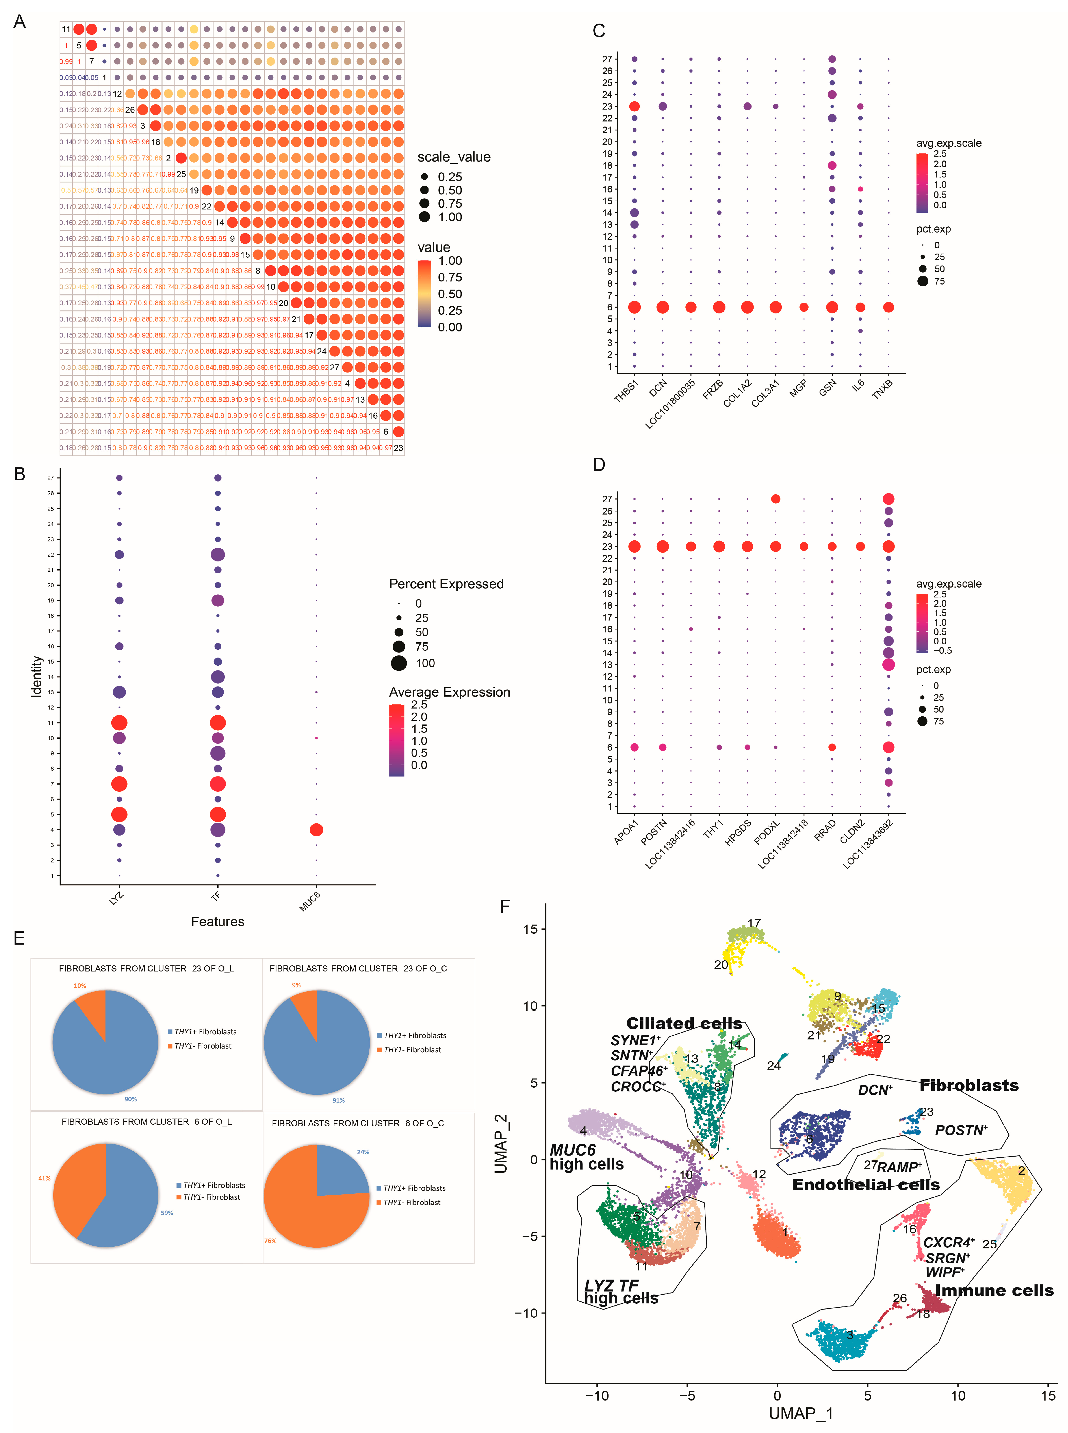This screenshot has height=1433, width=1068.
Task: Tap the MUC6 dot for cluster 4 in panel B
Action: (316, 829)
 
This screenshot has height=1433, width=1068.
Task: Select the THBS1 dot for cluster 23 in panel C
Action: (634, 106)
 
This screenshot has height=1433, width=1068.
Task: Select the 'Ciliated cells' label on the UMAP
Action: (684, 1023)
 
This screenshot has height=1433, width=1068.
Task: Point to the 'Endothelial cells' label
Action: (866, 1184)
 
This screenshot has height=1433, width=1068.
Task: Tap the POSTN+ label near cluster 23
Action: (961, 1130)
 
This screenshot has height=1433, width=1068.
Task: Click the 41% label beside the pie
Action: (44, 1178)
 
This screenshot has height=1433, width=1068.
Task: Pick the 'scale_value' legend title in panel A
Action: (454, 157)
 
